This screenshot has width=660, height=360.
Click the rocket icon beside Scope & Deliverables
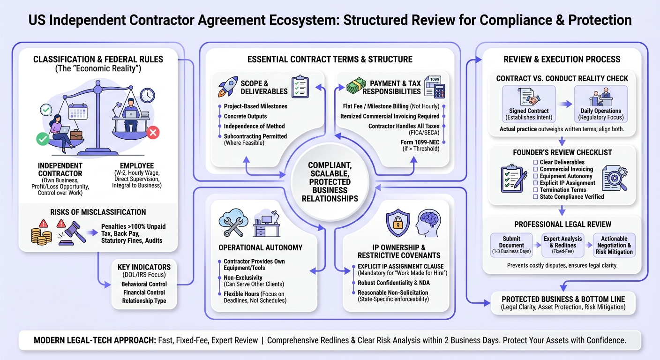click(x=228, y=87)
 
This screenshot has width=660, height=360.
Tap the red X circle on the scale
click(x=153, y=132)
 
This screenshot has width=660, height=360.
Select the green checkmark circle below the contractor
click(x=43, y=139)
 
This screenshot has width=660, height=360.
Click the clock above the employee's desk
click(x=147, y=96)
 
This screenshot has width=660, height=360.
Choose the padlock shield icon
click(x=398, y=223)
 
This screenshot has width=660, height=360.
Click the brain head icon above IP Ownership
click(x=428, y=223)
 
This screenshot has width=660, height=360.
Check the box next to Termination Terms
click(x=535, y=190)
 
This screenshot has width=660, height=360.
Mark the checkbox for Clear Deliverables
click(x=535, y=162)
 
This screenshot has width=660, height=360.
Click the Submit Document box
click(x=511, y=245)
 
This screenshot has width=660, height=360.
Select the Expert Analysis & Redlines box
click(x=563, y=245)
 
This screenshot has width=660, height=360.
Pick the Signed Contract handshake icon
click(x=529, y=97)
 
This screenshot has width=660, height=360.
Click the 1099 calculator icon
click(x=435, y=87)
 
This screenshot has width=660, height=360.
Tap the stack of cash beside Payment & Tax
click(x=356, y=86)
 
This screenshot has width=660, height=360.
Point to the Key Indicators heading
click(x=144, y=267)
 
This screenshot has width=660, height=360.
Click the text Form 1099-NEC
click(x=420, y=142)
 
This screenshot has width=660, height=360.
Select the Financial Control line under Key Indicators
click(x=144, y=292)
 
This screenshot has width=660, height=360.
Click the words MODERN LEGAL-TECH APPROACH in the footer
click(x=95, y=341)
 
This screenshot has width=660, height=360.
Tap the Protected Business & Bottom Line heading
click(x=563, y=300)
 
